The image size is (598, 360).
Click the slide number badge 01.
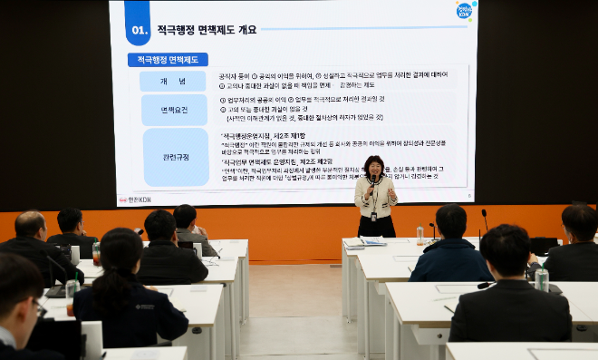coord(138,28)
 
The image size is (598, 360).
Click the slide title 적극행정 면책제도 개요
coord(207,29)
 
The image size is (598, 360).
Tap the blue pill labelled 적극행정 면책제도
coord(168,60)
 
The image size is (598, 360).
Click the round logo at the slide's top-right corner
coord(465,11)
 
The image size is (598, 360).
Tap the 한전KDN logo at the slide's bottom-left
coord(137,199)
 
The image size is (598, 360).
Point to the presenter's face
coord(373,167)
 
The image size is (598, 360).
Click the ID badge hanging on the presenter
coord(373,216)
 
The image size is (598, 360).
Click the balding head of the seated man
coord(30,224)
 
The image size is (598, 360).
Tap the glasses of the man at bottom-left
coord(38,309)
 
